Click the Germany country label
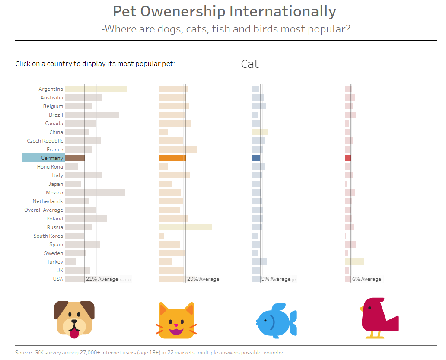tap(52, 158)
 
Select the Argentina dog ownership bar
tap(96, 89)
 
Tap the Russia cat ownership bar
tap(185, 227)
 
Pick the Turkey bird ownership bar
tap(354, 262)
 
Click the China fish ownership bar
tap(260, 132)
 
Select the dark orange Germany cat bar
tap(172, 158)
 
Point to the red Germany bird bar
tap(348, 158)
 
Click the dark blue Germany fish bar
tap(256, 158)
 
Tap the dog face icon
tap(74, 318)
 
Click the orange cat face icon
tap(176, 320)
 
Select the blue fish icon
tap(276, 319)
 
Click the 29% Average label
tap(203, 279)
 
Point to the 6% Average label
tap(367, 279)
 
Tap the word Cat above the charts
tap(250, 64)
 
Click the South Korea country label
tap(48, 236)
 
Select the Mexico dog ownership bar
tap(95, 193)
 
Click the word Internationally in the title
tap(283, 12)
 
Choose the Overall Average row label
tap(44, 210)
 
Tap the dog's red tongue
tap(75, 333)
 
